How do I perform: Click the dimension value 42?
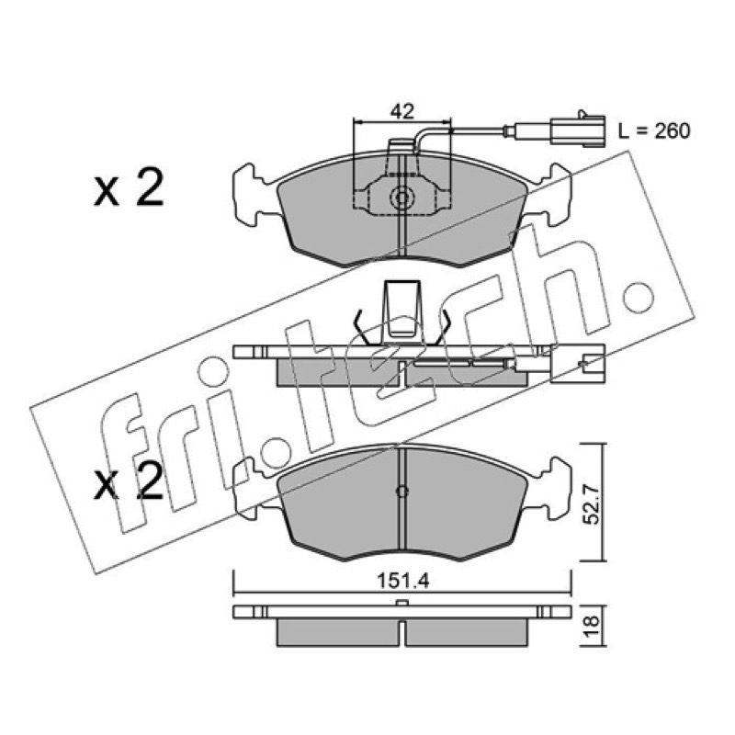pos(402,111)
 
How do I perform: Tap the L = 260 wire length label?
pos(654,131)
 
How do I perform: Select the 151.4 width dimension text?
pos(403,582)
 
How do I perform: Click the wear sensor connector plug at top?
pos(578,129)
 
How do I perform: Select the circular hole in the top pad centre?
pos(401,198)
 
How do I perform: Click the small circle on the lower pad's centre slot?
pos(402,492)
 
